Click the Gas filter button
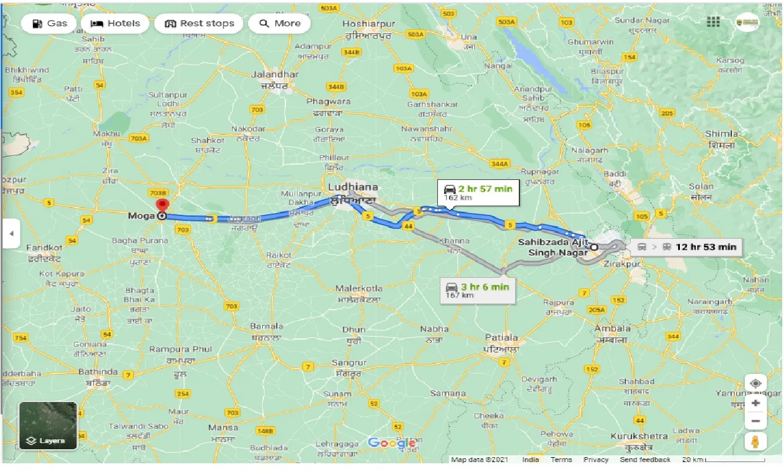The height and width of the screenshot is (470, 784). [x=49, y=24]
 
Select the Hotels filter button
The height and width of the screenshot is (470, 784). [x=116, y=24]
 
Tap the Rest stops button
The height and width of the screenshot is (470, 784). [x=198, y=24]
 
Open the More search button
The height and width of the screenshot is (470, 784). [x=280, y=24]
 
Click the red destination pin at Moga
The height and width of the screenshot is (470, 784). [x=162, y=206]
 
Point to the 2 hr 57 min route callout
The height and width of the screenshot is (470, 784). [x=478, y=193]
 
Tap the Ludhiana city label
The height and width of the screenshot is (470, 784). [x=353, y=187]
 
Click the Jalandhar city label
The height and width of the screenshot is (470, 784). [x=275, y=74]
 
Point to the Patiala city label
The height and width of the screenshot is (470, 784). [x=501, y=337]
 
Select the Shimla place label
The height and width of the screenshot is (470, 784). [x=721, y=134]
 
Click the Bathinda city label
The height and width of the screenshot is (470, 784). [x=97, y=371]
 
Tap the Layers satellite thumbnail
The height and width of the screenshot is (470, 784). [x=48, y=426]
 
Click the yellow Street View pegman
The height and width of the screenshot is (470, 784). [x=755, y=442]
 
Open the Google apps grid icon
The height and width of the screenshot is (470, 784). [x=713, y=22]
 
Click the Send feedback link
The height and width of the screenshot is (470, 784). [x=645, y=460]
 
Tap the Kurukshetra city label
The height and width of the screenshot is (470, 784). [x=639, y=436]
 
